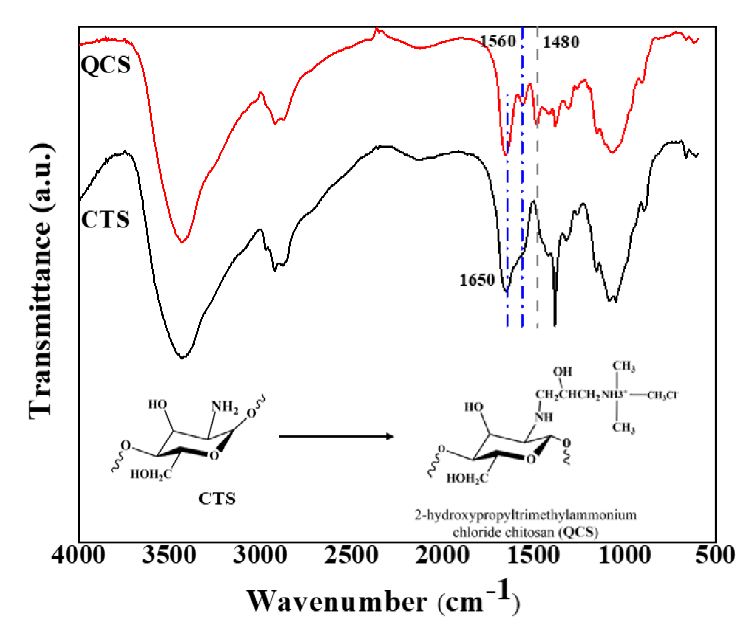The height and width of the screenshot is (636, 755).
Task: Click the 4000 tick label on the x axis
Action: (x=78, y=556)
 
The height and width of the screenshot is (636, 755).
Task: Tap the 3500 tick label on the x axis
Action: (x=169, y=556)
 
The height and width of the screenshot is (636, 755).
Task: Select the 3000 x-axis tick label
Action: (x=260, y=556)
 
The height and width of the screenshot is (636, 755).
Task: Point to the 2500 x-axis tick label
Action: (x=351, y=556)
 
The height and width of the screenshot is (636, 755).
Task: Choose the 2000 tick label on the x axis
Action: (x=442, y=556)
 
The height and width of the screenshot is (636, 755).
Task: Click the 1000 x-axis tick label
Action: (x=625, y=556)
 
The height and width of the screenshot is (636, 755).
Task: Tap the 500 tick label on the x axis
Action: (x=715, y=556)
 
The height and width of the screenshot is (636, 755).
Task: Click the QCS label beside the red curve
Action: (x=105, y=65)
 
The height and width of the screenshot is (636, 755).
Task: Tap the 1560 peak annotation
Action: (x=498, y=41)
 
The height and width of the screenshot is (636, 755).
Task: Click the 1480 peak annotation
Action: (x=561, y=42)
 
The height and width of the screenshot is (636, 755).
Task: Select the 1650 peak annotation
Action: (x=477, y=280)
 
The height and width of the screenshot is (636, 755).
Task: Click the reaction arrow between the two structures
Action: (x=336, y=437)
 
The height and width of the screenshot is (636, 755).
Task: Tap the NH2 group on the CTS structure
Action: (x=225, y=407)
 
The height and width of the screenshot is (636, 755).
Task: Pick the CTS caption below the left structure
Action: (x=217, y=499)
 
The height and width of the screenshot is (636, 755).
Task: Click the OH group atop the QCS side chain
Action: (x=562, y=372)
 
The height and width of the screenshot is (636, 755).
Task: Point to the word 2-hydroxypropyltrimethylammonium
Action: (x=525, y=515)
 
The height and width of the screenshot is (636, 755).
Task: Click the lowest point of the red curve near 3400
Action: (x=182, y=242)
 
